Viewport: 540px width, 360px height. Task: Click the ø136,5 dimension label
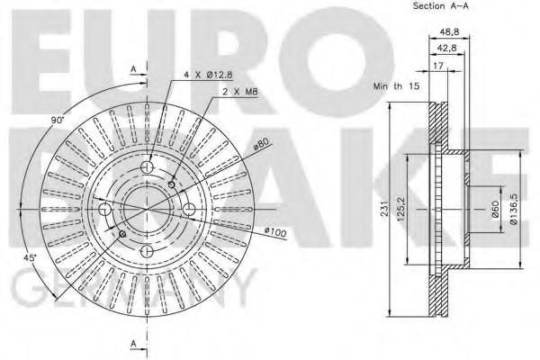[x=514, y=210]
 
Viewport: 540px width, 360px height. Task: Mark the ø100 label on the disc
[x=275, y=234]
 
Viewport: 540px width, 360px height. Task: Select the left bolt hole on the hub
[x=105, y=209]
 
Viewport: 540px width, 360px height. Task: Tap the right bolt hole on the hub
[x=190, y=211]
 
